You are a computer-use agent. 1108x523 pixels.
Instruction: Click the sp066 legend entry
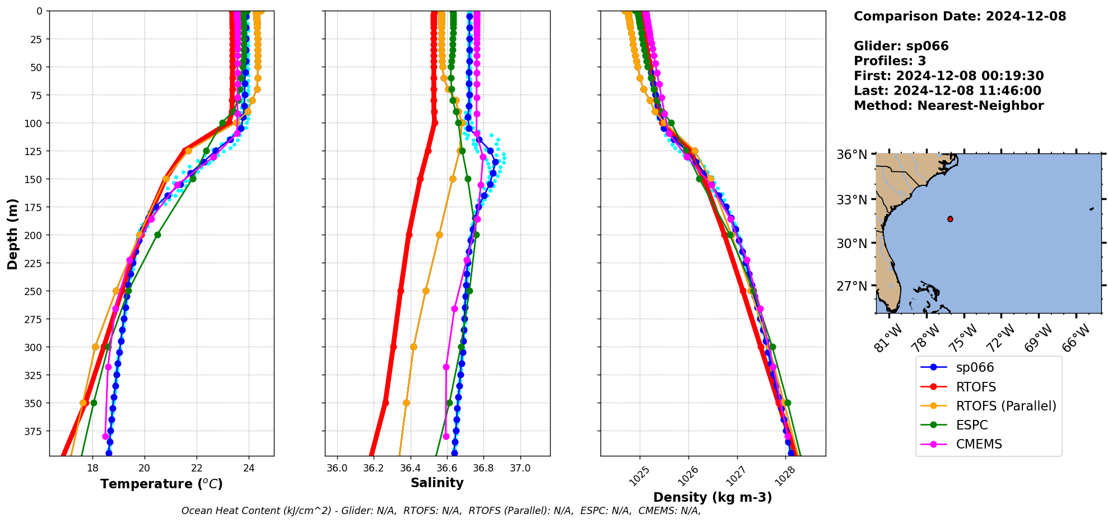coord(974,368)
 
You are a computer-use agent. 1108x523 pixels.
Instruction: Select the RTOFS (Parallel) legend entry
coord(1005,406)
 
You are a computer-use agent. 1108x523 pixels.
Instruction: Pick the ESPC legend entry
coord(971,425)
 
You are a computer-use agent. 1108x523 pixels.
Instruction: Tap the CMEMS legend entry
coord(979,444)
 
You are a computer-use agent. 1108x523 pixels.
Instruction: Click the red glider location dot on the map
coord(950,219)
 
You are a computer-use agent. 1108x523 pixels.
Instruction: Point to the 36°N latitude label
coord(851,155)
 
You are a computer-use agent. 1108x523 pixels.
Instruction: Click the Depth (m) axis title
coord(12,234)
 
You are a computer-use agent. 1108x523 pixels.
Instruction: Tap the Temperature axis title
coord(161,484)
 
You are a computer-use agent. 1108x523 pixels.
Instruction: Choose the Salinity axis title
coord(437,483)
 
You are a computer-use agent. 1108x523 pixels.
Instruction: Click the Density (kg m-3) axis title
coord(713,497)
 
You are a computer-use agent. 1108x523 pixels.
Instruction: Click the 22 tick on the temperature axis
coord(197,468)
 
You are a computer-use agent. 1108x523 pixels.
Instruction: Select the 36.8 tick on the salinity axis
coord(483,468)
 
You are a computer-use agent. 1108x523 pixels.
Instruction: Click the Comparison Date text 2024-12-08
coord(1026,16)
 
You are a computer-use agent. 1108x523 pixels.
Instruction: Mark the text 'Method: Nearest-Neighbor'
coord(948,106)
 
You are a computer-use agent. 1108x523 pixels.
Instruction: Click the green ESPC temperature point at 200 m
coord(157,235)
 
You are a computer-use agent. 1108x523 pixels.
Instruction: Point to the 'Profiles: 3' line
coord(890,61)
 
